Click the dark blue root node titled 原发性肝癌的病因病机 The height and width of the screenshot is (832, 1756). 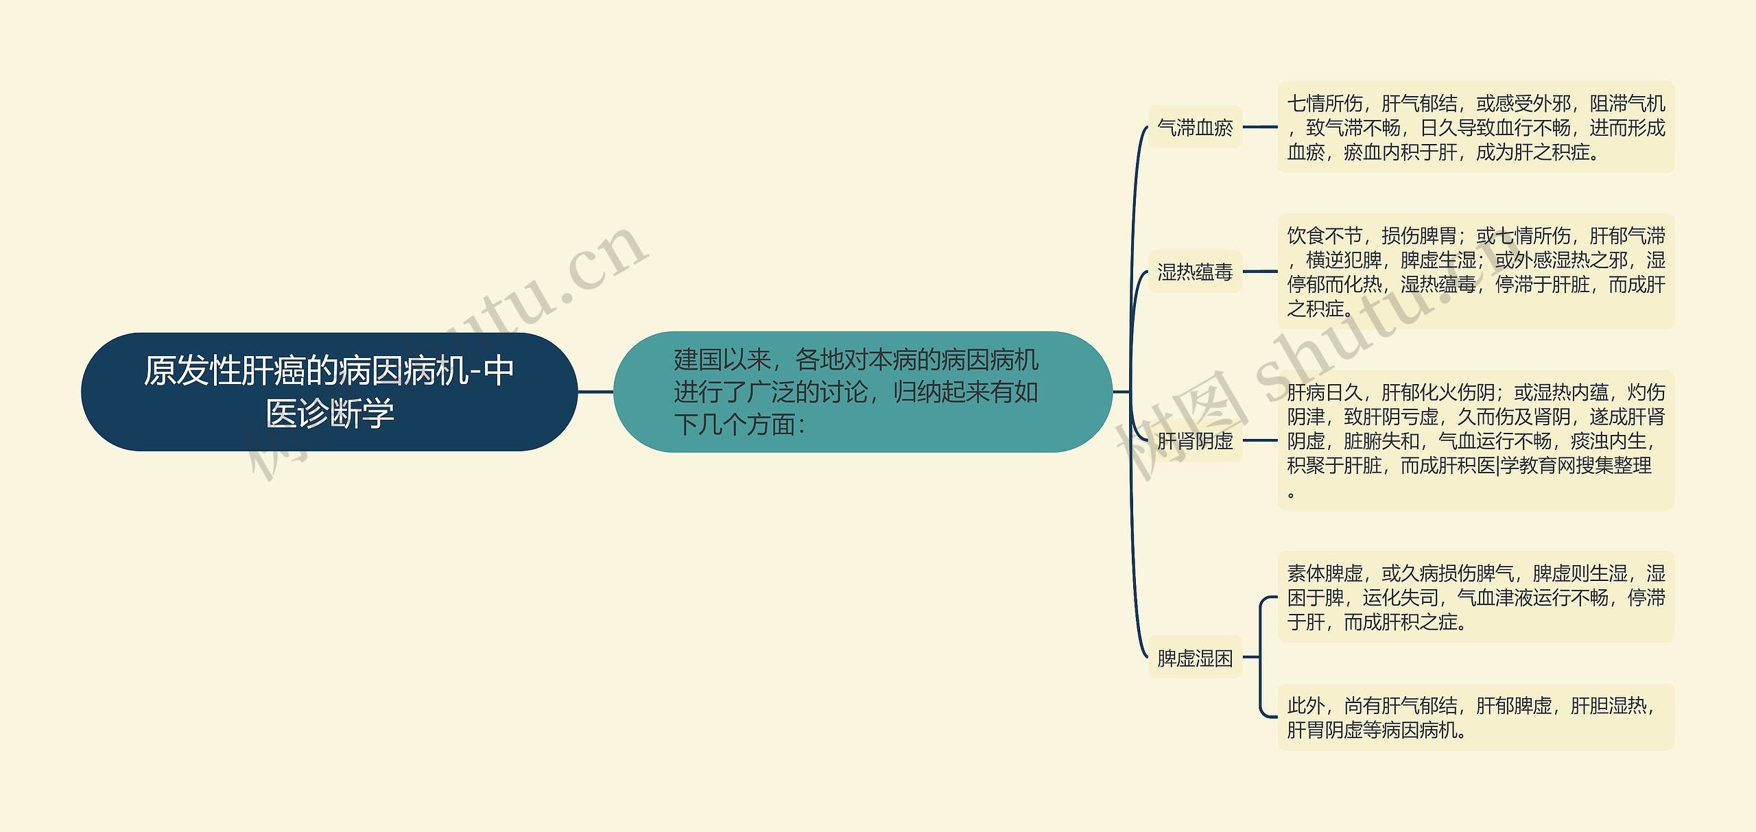coord(329,392)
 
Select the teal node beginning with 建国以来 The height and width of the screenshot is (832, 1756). coord(862,392)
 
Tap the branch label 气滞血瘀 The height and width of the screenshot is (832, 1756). coord(1195,128)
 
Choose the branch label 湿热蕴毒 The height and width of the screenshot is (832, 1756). coord(1195,272)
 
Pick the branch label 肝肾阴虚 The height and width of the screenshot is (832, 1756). coord(1195,440)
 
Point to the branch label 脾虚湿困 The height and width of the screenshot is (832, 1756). coord(1195,658)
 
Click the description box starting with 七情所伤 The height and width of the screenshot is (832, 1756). coord(1475,128)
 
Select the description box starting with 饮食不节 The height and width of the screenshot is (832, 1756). coord(1475,272)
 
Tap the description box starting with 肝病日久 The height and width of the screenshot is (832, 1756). coord(1475,440)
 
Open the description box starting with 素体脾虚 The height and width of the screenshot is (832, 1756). coord(1475,597)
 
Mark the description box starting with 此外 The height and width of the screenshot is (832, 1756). coord(1475,717)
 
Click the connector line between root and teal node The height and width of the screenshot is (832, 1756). coord(595,392)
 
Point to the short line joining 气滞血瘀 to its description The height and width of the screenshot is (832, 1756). coord(1260,127)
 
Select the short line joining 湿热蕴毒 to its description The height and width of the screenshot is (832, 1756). coord(1260,272)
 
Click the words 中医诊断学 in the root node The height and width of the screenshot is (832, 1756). coord(330,414)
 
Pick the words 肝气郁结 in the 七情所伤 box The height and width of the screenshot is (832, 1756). coord(1419,104)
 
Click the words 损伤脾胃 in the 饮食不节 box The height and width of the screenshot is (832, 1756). coord(1419,236)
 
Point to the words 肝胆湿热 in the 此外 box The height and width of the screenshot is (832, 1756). coord(1608,706)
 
